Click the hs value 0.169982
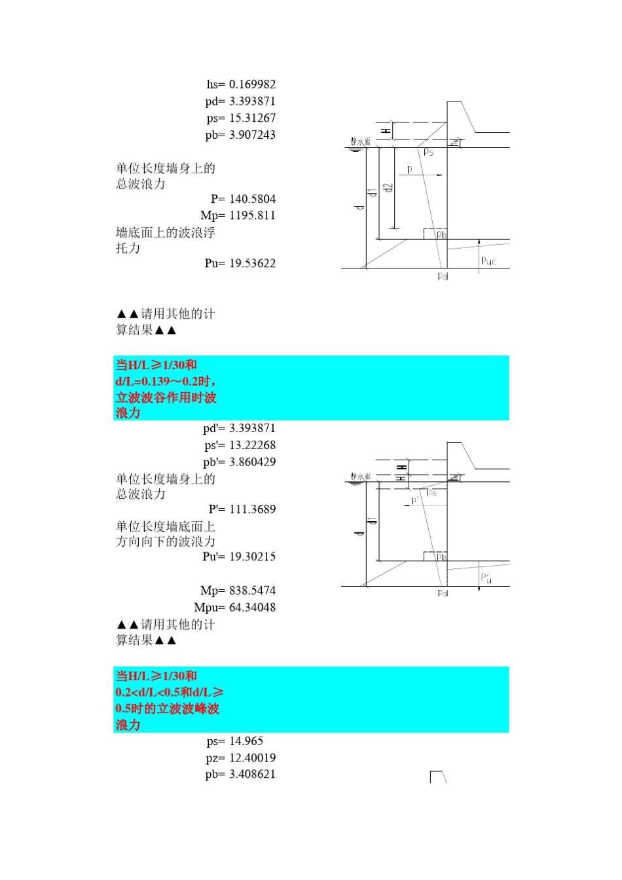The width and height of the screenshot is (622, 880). tap(252, 84)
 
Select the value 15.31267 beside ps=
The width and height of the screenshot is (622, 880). tap(252, 119)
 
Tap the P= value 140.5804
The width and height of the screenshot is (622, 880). tap(252, 199)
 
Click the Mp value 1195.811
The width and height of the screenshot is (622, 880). tap(252, 215)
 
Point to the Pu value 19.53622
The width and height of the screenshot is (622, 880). tap(252, 263)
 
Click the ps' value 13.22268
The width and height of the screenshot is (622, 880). tap(252, 445)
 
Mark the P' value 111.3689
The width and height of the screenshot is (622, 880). tap(252, 509)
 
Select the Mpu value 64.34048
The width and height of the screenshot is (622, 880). tap(252, 608)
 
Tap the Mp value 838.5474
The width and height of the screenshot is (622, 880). tap(252, 591)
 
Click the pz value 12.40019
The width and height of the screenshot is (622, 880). tap(252, 758)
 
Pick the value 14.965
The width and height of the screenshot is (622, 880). tap(246, 742)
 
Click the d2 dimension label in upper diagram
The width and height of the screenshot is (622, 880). tap(388, 187)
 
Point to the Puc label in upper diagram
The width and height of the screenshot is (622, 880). tap(488, 261)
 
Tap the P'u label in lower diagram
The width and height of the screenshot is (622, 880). tap(486, 577)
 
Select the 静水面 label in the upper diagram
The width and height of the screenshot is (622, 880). tap(360, 141)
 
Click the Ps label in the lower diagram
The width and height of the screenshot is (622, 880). tap(431, 492)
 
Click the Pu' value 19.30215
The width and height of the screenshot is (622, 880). tap(252, 557)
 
